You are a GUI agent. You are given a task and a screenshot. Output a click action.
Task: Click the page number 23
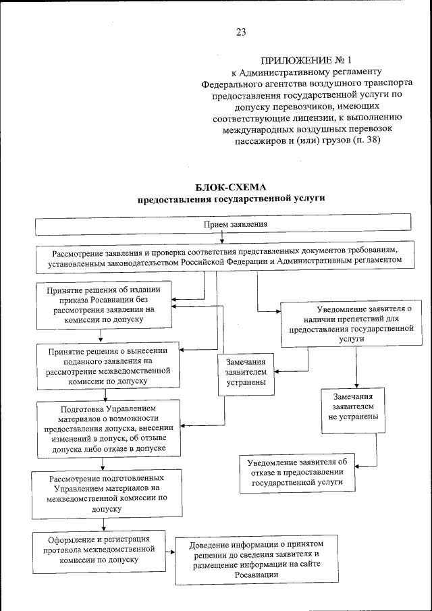[241, 32]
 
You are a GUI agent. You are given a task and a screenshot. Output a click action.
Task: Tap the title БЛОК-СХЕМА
[232, 187]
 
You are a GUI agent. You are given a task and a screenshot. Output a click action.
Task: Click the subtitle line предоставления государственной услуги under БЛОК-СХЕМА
[232, 200]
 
